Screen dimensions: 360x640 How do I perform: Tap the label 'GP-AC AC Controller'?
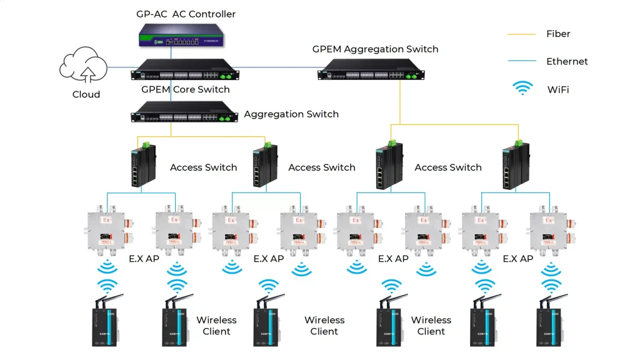point(186,14)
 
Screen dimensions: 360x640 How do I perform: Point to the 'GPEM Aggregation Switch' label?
point(375,49)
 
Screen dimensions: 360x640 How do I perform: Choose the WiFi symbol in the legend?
point(522,88)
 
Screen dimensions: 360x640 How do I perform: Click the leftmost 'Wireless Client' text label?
point(216,326)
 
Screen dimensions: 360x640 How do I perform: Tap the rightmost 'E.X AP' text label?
point(517,259)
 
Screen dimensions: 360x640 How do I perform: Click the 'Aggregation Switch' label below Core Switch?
point(291,114)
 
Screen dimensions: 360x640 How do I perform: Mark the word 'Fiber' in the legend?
point(558,34)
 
